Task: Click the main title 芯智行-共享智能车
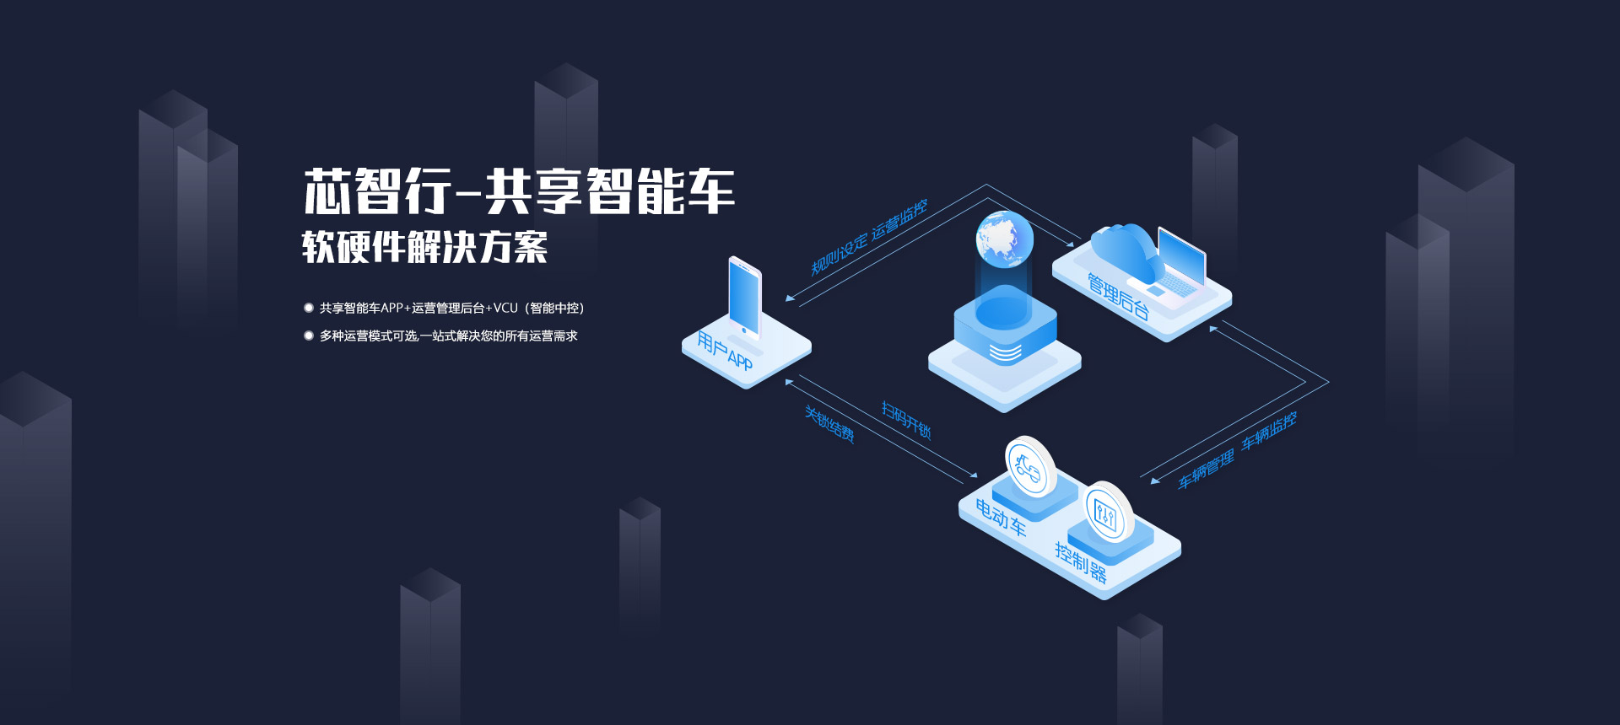point(519,191)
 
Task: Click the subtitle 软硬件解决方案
point(424,247)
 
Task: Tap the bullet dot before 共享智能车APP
point(309,308)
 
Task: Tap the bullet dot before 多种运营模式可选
point(309,336)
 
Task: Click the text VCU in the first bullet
point(505,308)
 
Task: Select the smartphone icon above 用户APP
point(745,298)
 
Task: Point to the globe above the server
point(1004,239)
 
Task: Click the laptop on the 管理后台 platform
point(1180,261)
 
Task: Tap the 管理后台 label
point(1118,296)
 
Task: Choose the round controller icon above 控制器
point(1106,512)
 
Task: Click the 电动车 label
point(1001,517)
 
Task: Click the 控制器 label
point(1081,562)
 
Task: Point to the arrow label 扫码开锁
point(906,419)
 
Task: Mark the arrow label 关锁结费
point(829,424)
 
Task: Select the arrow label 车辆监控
point(1268,430)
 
